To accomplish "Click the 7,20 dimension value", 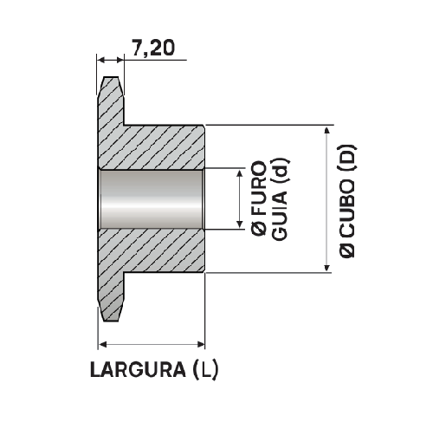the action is point(153,48).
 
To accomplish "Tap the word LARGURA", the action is point(138,370).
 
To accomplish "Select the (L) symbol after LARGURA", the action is point(206,370).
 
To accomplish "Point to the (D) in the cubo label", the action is point(347,158).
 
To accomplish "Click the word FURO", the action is point(259,187).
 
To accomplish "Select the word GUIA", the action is point(280,214).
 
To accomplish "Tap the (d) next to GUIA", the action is point(280,171).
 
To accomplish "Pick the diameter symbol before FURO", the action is point(259,227).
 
